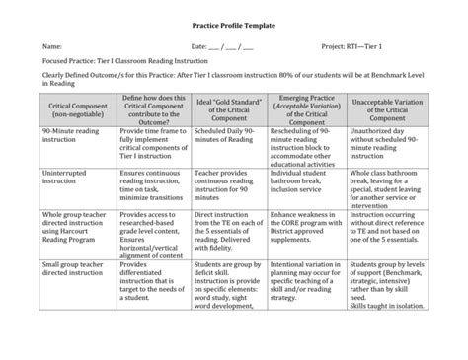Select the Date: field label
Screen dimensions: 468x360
pos(198,46)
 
